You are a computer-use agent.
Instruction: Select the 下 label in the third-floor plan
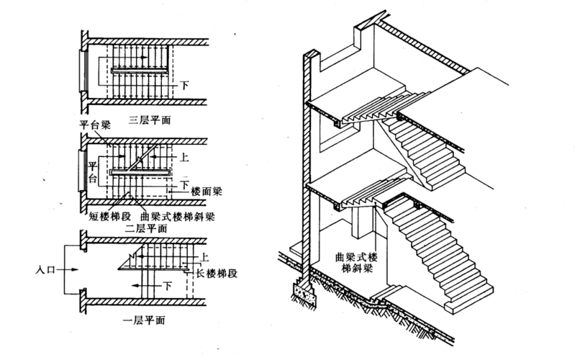pyautogui.click(x=186, y=85)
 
